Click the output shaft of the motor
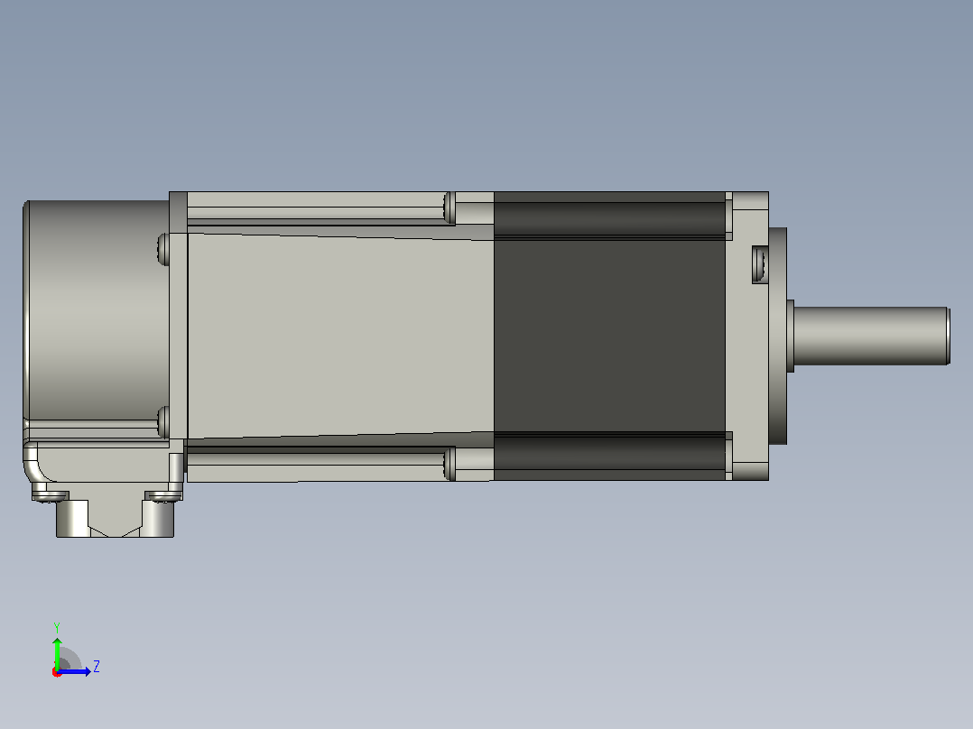[871, 336]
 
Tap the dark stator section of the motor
[609, 336]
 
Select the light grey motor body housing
[340, 336]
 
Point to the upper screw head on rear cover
[164, 249]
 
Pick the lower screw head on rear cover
[164, 422]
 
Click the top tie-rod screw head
[449, 208]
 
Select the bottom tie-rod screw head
[449, 464]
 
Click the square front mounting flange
[750, 336]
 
